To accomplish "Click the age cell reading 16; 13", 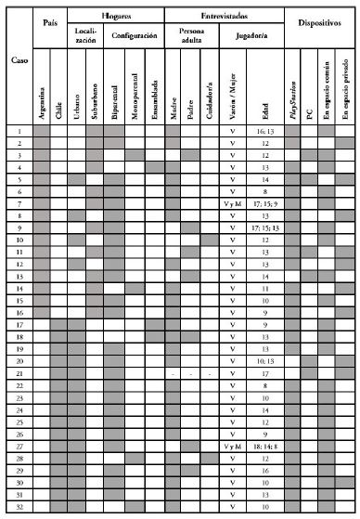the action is [265, 133].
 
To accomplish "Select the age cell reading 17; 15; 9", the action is [265, 202].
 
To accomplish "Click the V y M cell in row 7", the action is [237, 202].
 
